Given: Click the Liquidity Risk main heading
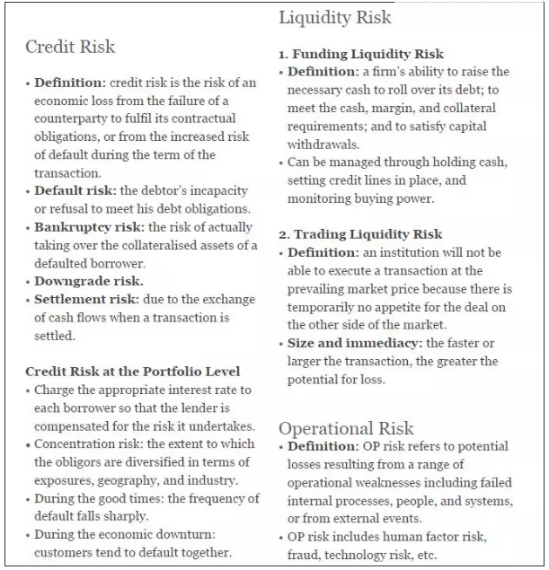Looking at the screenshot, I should click(335, 17).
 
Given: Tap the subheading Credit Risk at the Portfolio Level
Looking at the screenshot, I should click(132, 371).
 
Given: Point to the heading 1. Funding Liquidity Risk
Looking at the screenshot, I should click(361, 54).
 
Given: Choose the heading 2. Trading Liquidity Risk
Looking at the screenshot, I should click(360, 234).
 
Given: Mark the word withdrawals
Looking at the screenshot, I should click(321, 144).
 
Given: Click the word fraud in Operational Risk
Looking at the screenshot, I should click(305, 556).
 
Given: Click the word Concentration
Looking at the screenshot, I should click(75, 444).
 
